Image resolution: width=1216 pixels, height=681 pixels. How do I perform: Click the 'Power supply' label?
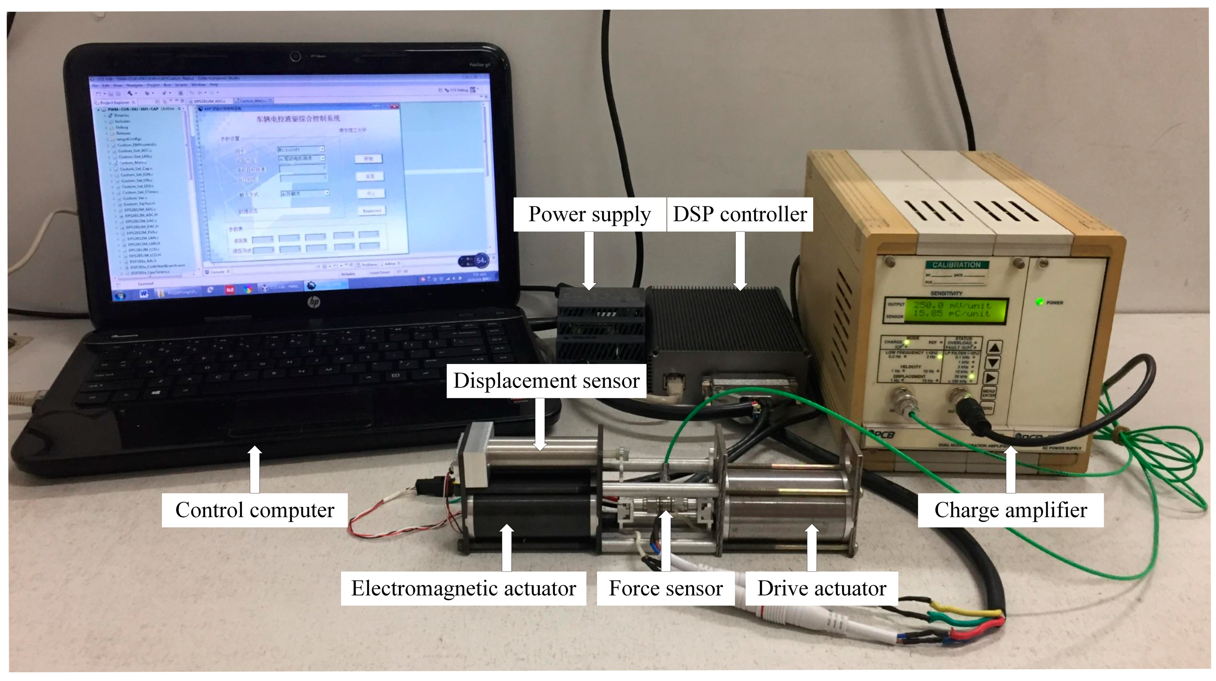pyautogui.click(x=589, y=214)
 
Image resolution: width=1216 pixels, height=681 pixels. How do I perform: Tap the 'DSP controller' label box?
pyautogui.click(x=739, y=214)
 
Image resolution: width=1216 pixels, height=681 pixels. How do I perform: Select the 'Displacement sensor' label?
pyautogui.click(x=546, y=380)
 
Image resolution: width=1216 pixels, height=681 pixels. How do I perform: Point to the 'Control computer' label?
pyautogui.click(x=254, y=510)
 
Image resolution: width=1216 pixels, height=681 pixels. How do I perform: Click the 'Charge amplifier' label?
pyautogui.click(x=1010, y=510)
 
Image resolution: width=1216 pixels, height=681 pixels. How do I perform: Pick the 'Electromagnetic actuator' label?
pyautogui.click(x=463, y=589)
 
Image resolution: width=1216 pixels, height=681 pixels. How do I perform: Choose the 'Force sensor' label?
pyautogui.click(x=665, y=589)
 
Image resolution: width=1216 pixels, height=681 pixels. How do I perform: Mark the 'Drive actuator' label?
pyautogui.click(x=821, y=589)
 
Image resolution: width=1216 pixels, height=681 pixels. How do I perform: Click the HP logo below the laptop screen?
pyautogui.click(x=313, y=301)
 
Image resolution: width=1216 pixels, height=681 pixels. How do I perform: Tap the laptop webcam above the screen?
pyautogui.click(x=295, y=57)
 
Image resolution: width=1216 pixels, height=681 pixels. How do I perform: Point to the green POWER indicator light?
pyautogui.click(x=1039, y=301)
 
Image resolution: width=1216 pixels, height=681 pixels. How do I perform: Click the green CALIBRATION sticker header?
pyautogui.click(x=956, y=265)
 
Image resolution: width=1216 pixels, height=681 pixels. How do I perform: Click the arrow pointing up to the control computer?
pyautogui.click(x=254, y=469)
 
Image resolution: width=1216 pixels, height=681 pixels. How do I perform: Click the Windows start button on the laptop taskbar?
pyautogui.click(x=120, y=296)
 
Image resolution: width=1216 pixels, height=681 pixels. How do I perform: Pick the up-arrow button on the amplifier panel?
pyautogui.click(x=994, y=348)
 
